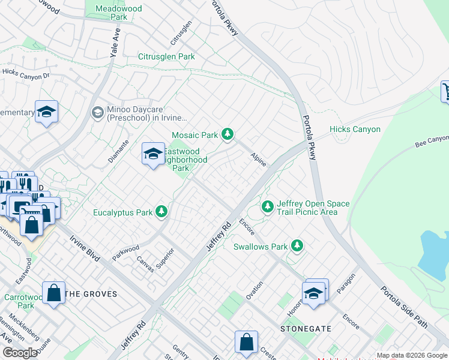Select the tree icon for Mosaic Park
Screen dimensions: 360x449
(227, 135)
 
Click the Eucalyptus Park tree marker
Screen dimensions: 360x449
(161, 212)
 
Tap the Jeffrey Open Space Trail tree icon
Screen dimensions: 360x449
(268, 207)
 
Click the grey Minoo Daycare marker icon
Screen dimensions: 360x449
(97, 113)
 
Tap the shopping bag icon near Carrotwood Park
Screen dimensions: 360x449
(54, 293)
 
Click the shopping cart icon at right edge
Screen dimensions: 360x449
(447, 91)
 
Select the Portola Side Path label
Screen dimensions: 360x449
(405, 306)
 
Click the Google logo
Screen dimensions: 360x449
(20, 353)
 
